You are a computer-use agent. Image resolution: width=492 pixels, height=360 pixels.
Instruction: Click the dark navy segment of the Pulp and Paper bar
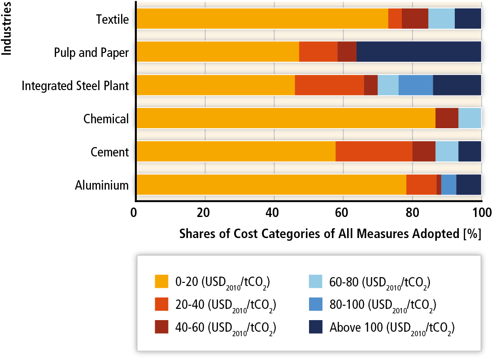[x=418, y=52]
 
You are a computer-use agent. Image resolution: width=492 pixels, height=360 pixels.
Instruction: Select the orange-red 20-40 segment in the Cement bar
[x=374, y=152]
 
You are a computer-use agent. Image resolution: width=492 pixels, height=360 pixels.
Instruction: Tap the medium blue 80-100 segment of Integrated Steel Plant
[x=415, y=85]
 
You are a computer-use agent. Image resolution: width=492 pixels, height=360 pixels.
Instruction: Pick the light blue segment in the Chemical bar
[x=470, y=118]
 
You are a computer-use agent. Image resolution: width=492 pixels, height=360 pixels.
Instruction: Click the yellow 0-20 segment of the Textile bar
[x=262, y=18]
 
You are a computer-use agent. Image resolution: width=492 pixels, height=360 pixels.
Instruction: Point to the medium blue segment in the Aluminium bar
[x=448, y=185]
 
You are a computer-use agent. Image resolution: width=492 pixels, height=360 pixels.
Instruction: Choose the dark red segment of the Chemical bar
[x=447, y=118]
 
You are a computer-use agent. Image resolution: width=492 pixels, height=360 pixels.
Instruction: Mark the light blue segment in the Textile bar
[x=441, y=18]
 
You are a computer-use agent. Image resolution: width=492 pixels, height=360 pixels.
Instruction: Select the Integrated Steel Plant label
[x=75, y=85]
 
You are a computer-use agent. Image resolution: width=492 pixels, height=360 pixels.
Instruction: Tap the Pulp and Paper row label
[x=91, y=52]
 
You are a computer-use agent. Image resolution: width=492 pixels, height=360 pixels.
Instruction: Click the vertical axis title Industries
[x=7, y=28]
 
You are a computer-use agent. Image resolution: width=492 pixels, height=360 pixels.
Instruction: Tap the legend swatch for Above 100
[x=317, y=328]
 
